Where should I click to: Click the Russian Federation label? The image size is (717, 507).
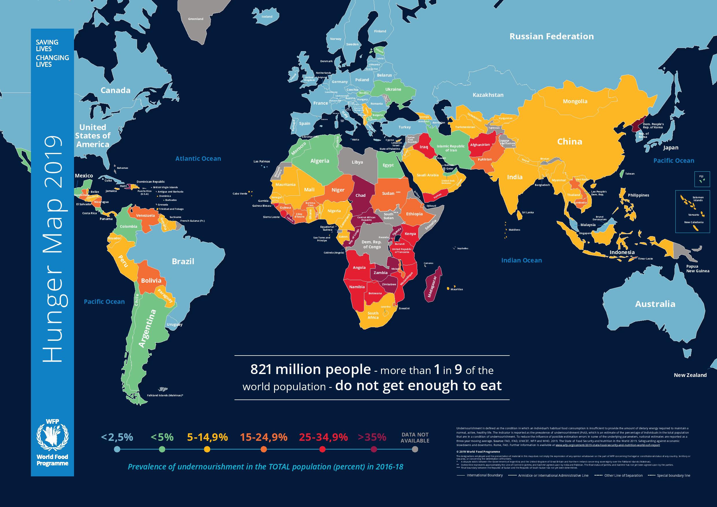tap(552, 36)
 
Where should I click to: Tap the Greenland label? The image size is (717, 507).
tap(195, 19)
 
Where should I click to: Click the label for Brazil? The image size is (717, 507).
tap(183, 261)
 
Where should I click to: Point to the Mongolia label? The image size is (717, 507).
tap(575, 101)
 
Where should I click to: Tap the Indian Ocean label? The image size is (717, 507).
tap(522, 260)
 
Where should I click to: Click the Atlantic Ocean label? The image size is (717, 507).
tap(198, 159)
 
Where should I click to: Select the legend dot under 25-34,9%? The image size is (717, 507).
tap(323, 449)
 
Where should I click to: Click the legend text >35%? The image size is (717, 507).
tap(372, 437)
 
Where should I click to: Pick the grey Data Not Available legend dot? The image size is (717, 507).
tap(415, 449)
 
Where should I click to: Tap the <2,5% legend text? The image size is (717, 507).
tap(117, 437)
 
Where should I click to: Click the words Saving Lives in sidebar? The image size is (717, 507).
tap(47, 46)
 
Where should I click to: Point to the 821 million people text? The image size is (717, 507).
tap(311, 370)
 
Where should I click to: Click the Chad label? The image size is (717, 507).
tap(360, 195)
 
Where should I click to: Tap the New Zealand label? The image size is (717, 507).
tap(690, 375)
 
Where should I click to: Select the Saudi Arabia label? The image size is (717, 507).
tap(428, 175)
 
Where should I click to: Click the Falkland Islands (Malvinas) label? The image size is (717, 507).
tap(165, 395)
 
